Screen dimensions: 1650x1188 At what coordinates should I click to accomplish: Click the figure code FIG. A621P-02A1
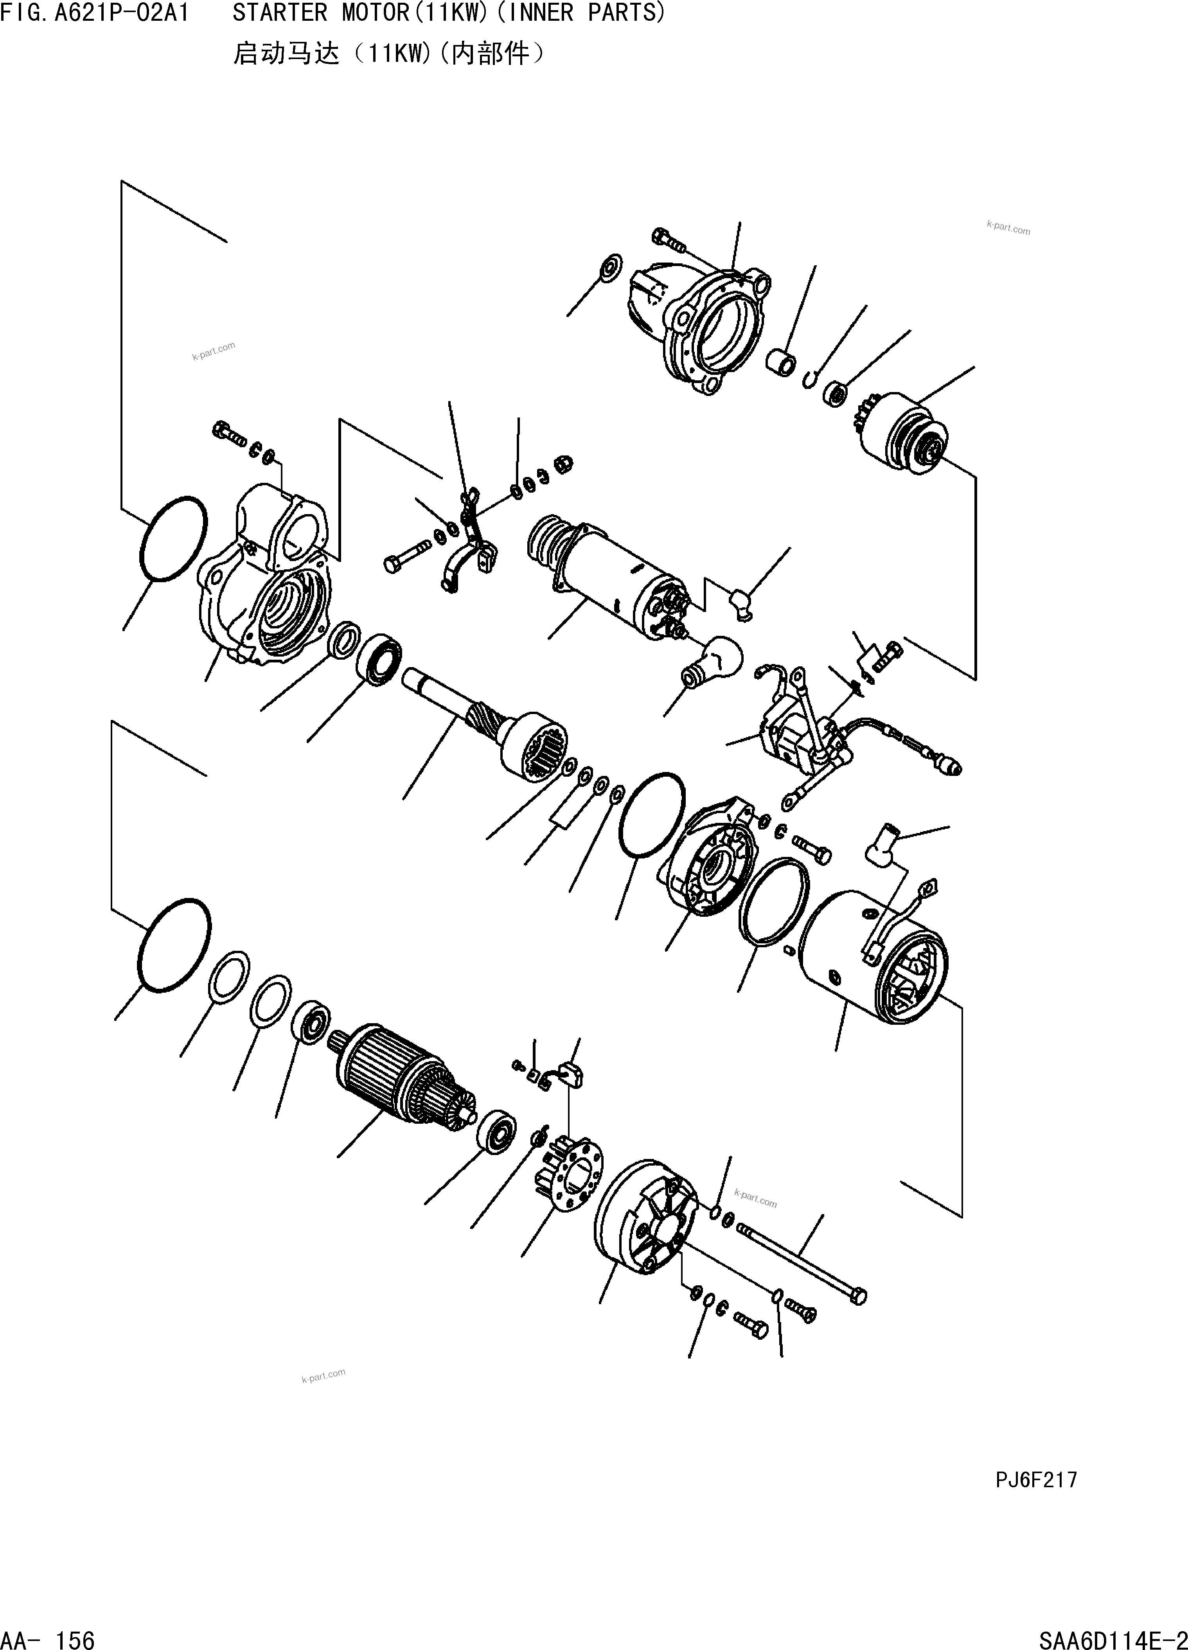pyautogui.click(x=95, y=13)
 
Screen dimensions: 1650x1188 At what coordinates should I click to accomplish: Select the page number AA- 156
pyautogui.click(x=48, y=1638)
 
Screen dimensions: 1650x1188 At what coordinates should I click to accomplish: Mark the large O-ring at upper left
pyautogui.click(x=173, y=538)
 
